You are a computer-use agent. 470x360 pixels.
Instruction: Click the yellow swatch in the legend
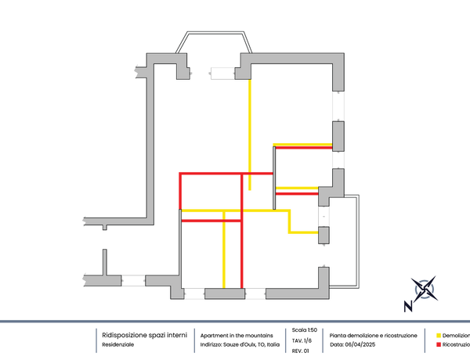[438, 335]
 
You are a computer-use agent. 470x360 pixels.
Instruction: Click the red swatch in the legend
[438, 344]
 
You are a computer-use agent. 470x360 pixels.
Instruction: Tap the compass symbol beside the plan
[425, 289]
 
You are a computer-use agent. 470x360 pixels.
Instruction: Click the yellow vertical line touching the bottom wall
[224, 254]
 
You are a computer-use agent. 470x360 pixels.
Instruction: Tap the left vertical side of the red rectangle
[180, 189]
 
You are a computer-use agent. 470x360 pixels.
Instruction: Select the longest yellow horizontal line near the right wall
[302, 143]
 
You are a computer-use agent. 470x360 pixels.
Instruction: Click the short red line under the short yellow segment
[297, 193]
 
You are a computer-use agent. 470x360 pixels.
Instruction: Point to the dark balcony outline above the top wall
[214, 33]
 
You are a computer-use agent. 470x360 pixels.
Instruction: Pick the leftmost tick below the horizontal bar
[96, 340]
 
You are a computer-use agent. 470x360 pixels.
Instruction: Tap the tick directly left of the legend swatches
[425, 340]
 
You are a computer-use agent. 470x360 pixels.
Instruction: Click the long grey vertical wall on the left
[150, 141]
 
